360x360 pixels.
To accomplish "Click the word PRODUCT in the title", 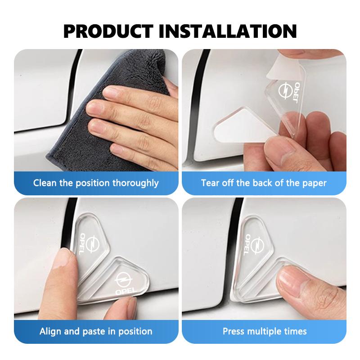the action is pyautogui.click(x=108, y=31).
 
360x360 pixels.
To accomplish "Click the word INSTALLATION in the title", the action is pyautogui.click(x=228, y=31).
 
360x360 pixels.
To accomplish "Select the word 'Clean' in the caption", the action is pyautogui.click(x=45, y=183).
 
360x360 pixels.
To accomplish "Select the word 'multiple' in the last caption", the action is pyautogui.click(x=264, y=332).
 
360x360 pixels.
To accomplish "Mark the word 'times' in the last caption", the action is pyautogui.click(x=295, y=331).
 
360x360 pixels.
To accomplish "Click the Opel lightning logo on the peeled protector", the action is pyautogui.click(x=285, y=90).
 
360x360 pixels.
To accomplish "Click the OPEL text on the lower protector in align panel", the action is pyautogui.click(x=126, y=291).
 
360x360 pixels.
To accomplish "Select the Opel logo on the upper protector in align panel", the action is pyautogui.click(x=93, y=243).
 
